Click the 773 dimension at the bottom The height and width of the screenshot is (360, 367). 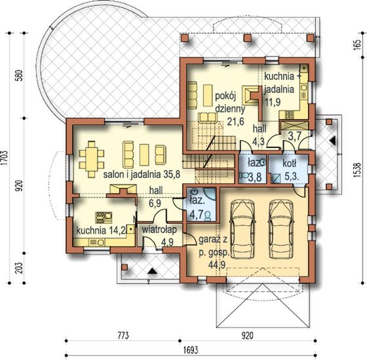point(122,336)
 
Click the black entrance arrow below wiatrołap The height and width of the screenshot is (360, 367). point(152,270)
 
